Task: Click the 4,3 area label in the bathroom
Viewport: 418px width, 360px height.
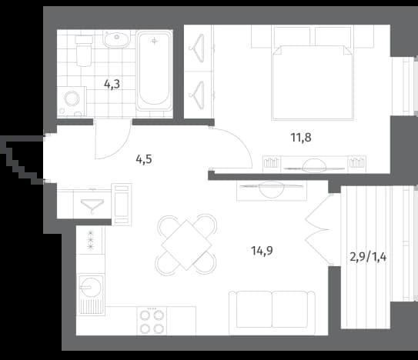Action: (x=112, y=84)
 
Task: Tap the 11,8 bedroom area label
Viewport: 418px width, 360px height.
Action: (x=301, y=138)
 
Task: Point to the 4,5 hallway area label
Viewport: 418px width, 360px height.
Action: (x=144, y=159)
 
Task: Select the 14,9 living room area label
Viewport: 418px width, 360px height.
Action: (x=262, y=251)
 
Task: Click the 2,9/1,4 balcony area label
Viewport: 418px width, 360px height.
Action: (x=368, y=257)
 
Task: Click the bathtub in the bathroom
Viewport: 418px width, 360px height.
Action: (x=155, y=71)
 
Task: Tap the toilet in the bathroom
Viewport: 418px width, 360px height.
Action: (x=84, y=51)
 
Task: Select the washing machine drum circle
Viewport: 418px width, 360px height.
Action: (x=72, y=99)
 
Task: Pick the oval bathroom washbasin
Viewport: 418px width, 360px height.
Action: (x=116, y=39)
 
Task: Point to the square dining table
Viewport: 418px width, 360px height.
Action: (x=186, y=245)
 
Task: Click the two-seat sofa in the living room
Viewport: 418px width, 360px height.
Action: (x=272, y=312)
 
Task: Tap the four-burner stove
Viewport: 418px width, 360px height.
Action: (x=152, y=321)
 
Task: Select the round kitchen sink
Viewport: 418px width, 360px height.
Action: (x=91, y=287)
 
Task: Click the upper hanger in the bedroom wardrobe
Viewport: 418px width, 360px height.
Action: (x=198, y=48)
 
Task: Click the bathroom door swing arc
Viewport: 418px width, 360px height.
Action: (x=122, y=148)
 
